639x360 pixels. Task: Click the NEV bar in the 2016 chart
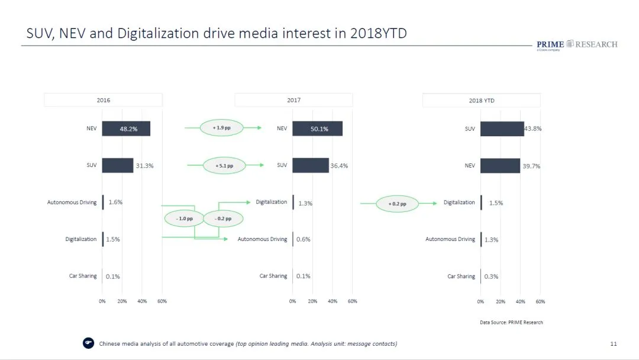[x=126, y=128]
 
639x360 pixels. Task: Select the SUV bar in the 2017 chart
[x=311, y=165]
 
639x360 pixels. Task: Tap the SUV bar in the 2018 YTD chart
[x=502, y=128]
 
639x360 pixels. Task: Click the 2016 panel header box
[x=104, y=100]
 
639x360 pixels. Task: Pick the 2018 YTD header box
[x=481, y=101]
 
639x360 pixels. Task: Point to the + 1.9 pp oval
[x=222, y=127]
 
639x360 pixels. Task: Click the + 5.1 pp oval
[x=224, y=166]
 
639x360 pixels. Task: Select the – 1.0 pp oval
[x=185, y=218]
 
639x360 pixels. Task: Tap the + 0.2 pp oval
[x=398, y=204]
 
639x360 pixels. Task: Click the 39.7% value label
[x=531, y=166]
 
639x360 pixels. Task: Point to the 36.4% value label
[x=339, y=166]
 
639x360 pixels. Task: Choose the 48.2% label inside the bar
[x=128, y=128]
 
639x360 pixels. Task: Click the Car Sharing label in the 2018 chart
[x=461, y=277]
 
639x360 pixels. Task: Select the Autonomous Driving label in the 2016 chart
[x=72, y=202]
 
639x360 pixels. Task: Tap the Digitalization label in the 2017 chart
[x=271, y=202]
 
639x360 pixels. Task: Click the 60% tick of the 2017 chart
[x=353, y=301]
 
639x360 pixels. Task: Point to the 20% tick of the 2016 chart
[x=122, y=301]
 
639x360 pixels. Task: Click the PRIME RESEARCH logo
[x=576, y=45]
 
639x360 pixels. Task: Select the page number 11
[x=614, y=344]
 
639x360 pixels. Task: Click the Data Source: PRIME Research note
[x=511, y=323]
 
